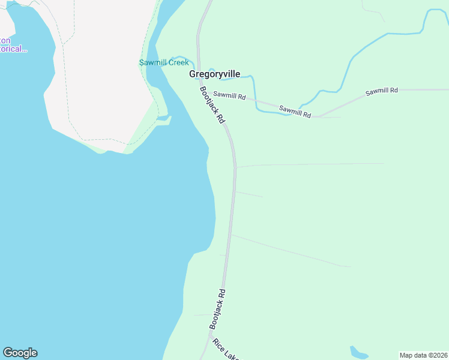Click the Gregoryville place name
(214, 74)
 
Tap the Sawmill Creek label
(164, 62)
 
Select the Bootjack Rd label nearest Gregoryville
(212, 105)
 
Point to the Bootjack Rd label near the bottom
(217, 309)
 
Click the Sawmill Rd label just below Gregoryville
(229, 95)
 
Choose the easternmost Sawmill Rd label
(382, 91)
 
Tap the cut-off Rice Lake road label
(226, 350)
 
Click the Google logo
(20, 353)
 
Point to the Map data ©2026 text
(423, 355)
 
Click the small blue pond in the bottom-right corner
(358, 352)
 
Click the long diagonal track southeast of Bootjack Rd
(288, 250)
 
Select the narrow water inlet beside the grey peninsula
(163, 121)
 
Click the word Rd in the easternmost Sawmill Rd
(393, 91)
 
